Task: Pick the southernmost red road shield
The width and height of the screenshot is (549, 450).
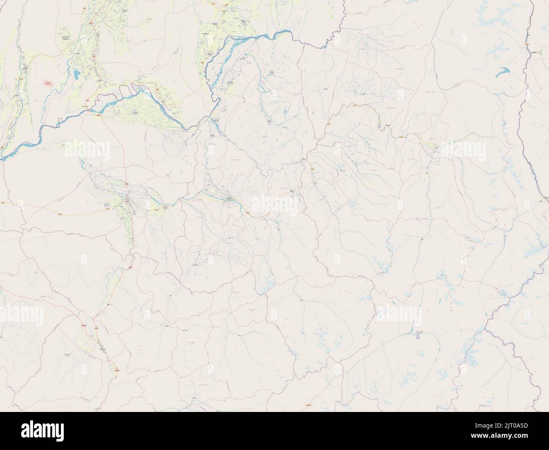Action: tap(117, 370)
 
